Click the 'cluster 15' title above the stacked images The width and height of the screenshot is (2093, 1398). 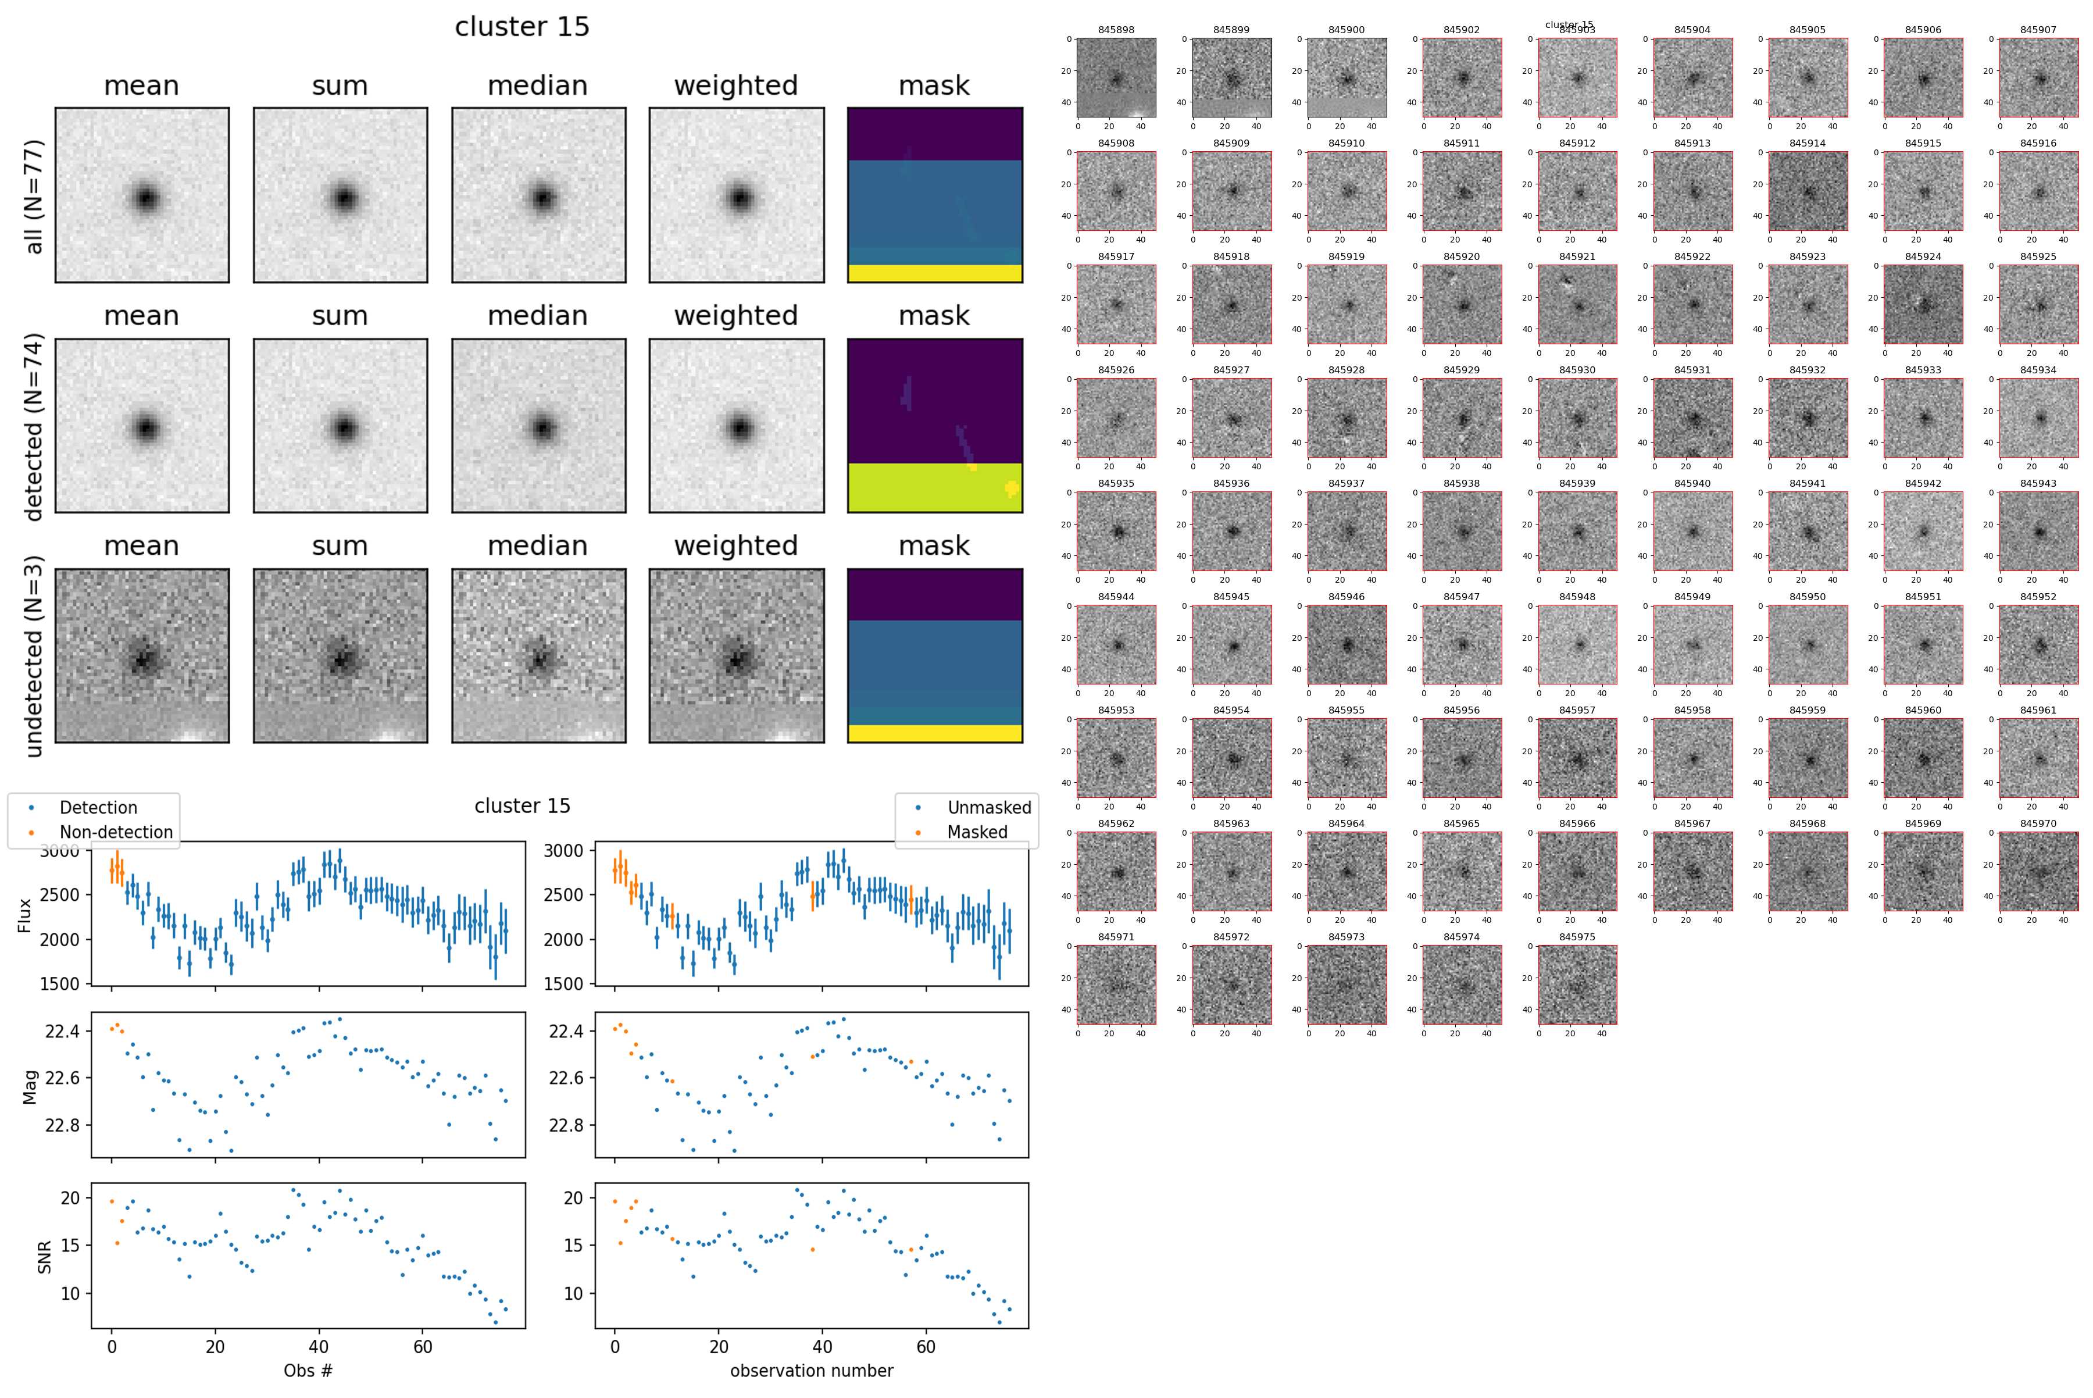point(522,27)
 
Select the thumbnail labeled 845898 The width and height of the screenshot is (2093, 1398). point(1116,77)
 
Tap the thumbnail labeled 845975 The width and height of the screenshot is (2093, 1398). point(1577,985)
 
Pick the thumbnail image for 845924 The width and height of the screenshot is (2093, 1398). point(1923,304)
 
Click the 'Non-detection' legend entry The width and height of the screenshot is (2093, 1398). point(116,832)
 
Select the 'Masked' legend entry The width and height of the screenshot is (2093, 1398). point(977,832)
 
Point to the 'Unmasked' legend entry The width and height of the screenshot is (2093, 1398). point(988,808)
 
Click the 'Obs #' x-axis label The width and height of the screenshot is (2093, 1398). point(308,1370)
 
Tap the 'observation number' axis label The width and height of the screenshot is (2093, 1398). point(811,1370)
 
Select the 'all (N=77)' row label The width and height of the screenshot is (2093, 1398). point(34,196)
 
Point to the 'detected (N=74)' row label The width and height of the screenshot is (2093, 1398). point(34,426)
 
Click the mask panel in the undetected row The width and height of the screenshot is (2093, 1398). point(934,655)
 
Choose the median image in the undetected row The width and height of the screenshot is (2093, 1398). point(538,655)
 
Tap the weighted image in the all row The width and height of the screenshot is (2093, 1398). point(736,195)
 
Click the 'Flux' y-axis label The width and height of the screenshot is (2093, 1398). point(25,915)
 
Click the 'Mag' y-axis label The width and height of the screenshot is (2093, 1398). point(30,1085)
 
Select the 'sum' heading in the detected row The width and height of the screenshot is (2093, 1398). point(340,316)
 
